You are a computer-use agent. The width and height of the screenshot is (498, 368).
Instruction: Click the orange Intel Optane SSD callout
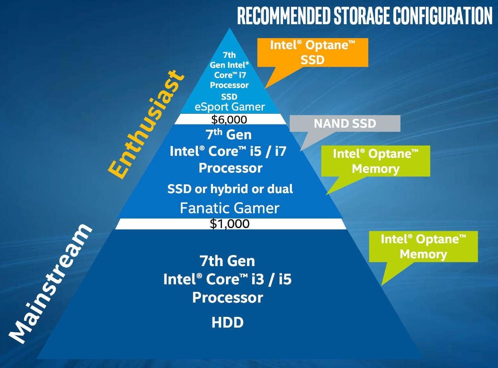[x=312, y=52]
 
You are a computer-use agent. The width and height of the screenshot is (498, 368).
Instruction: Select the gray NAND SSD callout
[x=345, y=124]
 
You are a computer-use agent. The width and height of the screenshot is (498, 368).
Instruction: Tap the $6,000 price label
[x=229, y=119]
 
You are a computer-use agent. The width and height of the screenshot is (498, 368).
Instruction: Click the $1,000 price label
[x=230, y=224]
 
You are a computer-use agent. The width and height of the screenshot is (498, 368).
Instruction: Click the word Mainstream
[x=51, y=283]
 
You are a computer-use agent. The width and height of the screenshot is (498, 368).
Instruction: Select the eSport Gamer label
[x=230, y=106]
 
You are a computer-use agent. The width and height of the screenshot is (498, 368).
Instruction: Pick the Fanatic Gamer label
[x=230, y=208]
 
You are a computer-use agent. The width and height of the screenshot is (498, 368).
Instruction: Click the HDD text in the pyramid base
[x=228, y=322]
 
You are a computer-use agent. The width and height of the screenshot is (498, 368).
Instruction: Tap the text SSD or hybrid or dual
[x=230, y=189]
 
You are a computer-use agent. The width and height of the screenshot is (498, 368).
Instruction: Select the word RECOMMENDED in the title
[x=283, y=16]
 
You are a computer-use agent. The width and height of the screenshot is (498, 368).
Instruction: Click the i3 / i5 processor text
[x=227, y=279]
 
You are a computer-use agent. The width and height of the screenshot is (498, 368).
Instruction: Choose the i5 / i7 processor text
[x=228, y=151]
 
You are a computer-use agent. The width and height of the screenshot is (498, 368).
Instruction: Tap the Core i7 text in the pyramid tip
[x=230, y=75]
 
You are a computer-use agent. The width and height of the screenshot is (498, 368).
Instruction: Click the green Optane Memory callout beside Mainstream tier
[x=423, y=246]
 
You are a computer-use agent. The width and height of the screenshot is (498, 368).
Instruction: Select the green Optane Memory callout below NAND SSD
[x=375, y=161]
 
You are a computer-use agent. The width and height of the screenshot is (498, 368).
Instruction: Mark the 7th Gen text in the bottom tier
[x=227, y=261]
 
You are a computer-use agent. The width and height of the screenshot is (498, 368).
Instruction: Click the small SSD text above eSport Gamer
[x=229, y=96]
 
